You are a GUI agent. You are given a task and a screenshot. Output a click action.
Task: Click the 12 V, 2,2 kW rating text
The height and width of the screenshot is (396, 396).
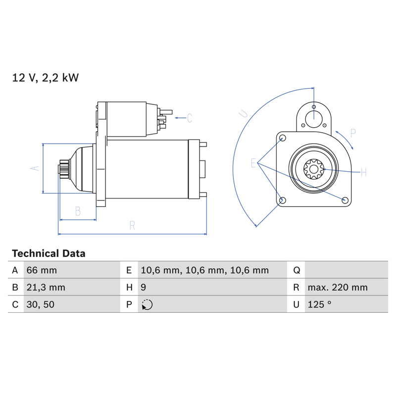46,78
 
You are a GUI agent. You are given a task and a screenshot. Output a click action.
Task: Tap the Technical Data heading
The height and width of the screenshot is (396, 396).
49,253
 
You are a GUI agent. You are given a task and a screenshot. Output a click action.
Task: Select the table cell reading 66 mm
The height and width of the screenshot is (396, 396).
42,270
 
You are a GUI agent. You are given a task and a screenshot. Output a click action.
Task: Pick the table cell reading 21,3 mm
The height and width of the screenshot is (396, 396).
46,288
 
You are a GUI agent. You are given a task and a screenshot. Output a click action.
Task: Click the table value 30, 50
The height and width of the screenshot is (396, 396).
41,304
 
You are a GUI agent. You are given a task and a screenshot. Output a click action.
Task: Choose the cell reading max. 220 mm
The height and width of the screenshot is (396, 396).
338,288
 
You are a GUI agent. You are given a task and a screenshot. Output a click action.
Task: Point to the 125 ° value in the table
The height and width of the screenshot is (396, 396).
319,304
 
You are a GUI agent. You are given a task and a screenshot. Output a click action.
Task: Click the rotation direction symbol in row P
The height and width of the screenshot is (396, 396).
147,304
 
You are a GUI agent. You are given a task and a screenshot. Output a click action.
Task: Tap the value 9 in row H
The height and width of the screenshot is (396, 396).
143,288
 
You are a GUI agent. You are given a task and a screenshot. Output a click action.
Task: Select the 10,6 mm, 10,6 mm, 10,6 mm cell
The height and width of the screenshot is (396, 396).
204,270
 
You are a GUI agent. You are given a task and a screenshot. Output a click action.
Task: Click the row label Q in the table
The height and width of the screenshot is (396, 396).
297,270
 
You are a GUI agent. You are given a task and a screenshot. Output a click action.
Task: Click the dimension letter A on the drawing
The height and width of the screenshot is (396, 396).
35,168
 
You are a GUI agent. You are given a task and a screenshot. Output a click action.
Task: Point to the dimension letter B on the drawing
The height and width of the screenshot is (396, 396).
78,211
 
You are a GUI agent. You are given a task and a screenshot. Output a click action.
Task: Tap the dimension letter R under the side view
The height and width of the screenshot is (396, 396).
132,225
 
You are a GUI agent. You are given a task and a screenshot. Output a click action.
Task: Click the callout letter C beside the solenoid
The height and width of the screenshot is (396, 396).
190,118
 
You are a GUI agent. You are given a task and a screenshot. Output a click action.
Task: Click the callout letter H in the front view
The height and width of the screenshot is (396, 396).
364,172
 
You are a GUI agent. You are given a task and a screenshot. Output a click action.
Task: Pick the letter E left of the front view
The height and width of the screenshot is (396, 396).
253,163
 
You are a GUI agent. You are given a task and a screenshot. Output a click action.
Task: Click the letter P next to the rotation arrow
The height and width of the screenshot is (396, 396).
353,133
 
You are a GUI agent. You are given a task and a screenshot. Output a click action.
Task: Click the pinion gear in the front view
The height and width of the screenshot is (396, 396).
314,169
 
